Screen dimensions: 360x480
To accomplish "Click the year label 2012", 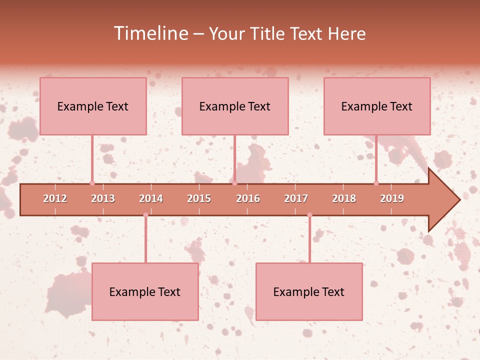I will point(55,198).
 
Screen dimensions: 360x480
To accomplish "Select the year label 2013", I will point(103,198).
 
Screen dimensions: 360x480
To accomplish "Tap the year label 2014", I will point(151,198).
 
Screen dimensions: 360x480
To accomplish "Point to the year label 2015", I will point(199,198).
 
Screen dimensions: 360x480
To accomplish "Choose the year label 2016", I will point(248,198).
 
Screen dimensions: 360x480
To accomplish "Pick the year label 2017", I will point(296,198).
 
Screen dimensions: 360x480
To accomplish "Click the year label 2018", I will point(344,198).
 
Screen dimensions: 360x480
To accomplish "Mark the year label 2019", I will point(392,198).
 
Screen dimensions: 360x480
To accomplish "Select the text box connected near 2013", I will point(93,106).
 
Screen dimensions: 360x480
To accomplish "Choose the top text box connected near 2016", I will point(235,106).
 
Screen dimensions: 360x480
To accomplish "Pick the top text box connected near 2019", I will point(377,106).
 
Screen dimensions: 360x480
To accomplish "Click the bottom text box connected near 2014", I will point(145,291).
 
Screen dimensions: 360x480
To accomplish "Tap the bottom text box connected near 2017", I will point(309,291).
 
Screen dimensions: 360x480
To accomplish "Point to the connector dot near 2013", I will point(92,183).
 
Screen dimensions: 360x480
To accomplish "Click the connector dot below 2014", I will point(145,215).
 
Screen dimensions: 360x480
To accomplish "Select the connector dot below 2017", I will point(309,215).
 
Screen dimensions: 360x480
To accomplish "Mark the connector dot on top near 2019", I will point(376,183).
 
